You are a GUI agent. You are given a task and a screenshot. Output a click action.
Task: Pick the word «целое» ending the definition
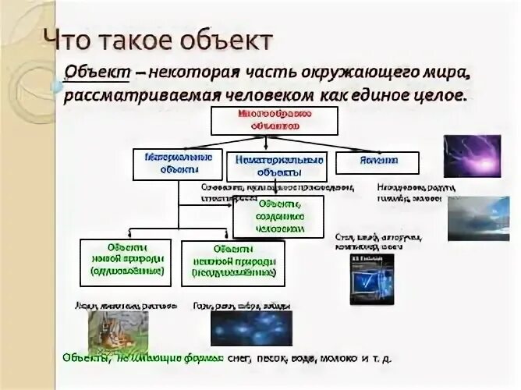(x=440, y=95)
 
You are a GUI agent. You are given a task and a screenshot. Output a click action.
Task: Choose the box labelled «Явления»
(x=377, y=161)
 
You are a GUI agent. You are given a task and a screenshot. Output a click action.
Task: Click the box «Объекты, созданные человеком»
(x=278, y=217)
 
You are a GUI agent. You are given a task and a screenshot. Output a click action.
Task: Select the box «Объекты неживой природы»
(x=232, y=263)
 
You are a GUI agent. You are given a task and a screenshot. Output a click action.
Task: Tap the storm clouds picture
(x=477, y=217)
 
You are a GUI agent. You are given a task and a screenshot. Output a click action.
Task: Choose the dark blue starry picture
(x=240, y=328)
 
